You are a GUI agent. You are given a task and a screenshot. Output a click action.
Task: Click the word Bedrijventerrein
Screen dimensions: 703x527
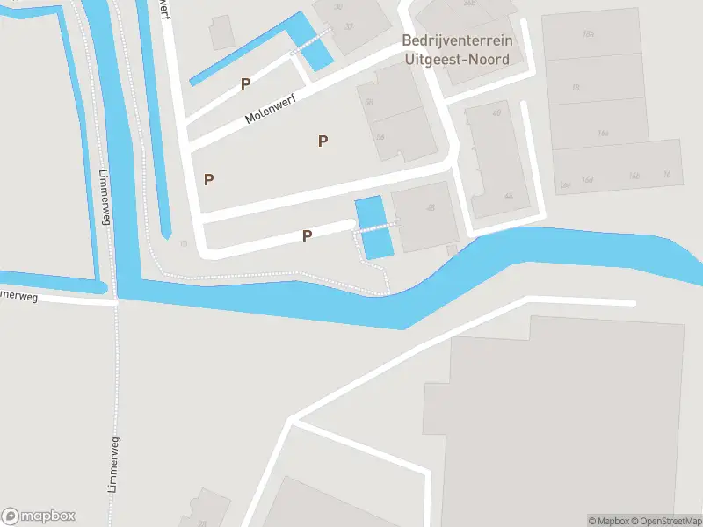(x=458, y=40)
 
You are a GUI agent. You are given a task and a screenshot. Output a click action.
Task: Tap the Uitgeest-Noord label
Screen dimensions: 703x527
(x=457, y=59)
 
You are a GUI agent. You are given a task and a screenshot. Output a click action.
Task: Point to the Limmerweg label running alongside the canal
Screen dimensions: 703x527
(x=106, y=197)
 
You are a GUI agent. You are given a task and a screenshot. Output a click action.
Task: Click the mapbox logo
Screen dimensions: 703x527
(x=39, y=516)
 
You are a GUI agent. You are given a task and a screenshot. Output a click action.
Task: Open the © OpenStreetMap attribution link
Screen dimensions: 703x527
(x=665, y=521)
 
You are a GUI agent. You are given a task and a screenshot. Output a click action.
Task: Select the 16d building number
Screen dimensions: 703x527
(x=587, y=180)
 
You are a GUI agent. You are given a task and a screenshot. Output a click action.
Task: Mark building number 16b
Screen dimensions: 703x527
(x=634, y=176)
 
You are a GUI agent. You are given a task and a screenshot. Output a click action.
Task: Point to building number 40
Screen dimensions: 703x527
(x=496, y=112)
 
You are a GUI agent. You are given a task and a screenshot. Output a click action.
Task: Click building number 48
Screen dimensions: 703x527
(x=431, y=208)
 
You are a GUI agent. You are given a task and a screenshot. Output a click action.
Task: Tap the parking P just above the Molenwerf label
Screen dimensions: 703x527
(x=246, y=84)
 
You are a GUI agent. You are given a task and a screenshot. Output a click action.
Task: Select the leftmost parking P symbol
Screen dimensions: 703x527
(x=209, y=179)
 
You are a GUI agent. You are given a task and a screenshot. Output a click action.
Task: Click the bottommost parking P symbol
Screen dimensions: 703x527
(x=308, y=235)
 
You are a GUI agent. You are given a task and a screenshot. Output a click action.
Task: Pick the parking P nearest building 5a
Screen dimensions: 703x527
(x=323, y=141)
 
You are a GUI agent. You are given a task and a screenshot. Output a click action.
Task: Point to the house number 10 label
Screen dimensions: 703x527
(x=183, y=242)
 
